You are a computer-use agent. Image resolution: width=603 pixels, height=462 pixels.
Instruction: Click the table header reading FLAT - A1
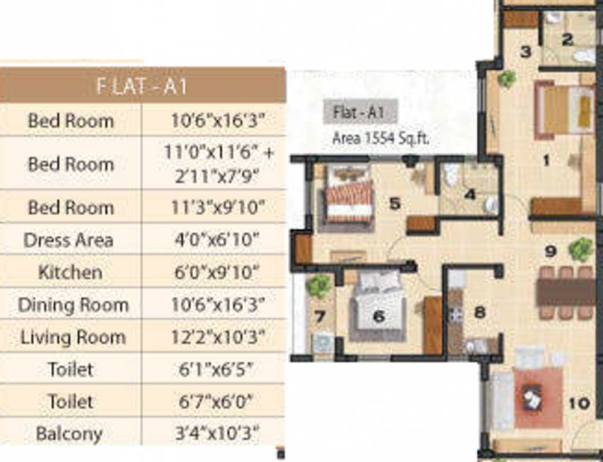point(142,86)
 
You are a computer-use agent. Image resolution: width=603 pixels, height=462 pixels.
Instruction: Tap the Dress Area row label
point(68,241)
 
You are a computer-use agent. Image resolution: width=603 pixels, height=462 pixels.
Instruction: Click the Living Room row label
point(73,337)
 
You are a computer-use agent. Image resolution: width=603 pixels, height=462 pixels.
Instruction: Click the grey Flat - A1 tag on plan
point(359,112)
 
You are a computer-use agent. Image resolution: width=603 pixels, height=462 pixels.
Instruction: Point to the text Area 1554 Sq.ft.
point(381,138)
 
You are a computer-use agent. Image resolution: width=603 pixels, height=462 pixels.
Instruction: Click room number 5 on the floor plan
point(394,203)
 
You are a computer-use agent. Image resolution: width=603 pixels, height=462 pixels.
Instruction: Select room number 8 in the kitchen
point(480,312)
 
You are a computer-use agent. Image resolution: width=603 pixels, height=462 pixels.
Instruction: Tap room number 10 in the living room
point(579,402)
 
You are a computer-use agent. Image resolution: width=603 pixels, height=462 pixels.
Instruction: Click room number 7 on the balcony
point(320,316)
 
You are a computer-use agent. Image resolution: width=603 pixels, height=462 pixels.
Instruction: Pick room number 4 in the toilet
point(470,194)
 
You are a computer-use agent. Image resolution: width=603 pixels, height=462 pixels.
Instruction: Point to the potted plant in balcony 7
point(318,285)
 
